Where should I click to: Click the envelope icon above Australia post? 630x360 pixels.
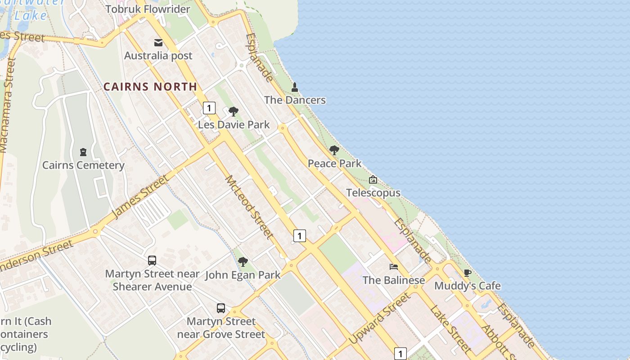158,43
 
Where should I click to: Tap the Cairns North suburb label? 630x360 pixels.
150,86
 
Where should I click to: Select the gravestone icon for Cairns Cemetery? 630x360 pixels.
83,152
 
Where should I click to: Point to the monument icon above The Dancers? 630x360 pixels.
295,87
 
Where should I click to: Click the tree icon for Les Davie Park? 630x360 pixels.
233,111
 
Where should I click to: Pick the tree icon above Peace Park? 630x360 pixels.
334,150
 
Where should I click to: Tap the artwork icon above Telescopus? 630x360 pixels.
373,180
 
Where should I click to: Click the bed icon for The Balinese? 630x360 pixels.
394,266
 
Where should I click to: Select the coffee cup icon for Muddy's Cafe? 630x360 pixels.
467,273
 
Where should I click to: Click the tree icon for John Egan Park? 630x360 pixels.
243,261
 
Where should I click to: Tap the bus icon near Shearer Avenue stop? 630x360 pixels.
152,260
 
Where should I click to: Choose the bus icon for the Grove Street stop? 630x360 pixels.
221,308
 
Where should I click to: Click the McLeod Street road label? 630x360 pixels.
249,207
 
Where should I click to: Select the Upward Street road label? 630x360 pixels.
380,318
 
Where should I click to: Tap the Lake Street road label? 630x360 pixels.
450,328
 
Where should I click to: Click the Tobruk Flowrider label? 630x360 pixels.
148,9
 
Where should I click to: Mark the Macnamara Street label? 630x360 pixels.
8,106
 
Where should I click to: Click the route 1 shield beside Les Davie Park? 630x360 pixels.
209,108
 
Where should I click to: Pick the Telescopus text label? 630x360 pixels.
373,193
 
